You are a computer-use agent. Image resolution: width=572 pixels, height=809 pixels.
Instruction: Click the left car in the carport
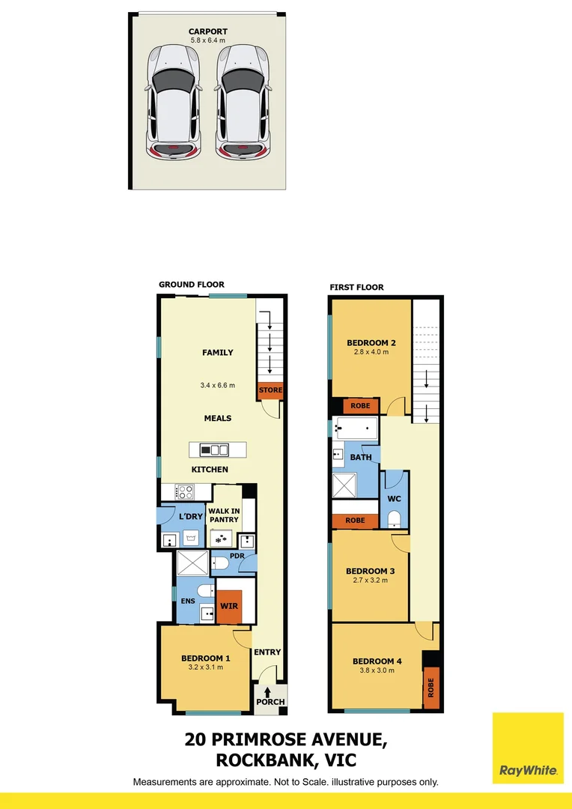pos(174,102)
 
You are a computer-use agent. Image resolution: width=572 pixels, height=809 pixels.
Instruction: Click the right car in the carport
pos(243,102)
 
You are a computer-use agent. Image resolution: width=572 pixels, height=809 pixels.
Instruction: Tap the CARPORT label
pos(207,31)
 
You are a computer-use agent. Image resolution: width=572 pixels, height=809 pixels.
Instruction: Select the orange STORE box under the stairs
pos(270,390)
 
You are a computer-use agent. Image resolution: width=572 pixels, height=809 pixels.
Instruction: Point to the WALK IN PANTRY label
pos(224,515)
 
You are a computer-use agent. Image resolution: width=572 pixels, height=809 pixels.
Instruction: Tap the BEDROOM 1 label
pos(205,658)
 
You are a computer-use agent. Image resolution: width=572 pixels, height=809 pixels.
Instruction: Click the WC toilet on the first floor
pos(394,518)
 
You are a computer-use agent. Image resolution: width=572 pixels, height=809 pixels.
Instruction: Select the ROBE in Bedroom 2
pos(361,406)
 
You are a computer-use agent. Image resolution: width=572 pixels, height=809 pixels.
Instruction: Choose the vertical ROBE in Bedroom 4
pos(430,688)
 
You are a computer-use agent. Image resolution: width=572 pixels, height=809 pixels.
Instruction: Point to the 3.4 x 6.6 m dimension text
pos(217,386)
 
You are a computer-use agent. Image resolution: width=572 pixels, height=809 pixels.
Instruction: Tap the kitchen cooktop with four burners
pos(184,492)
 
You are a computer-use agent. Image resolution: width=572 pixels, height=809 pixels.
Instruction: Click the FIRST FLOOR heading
pos(356,287)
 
